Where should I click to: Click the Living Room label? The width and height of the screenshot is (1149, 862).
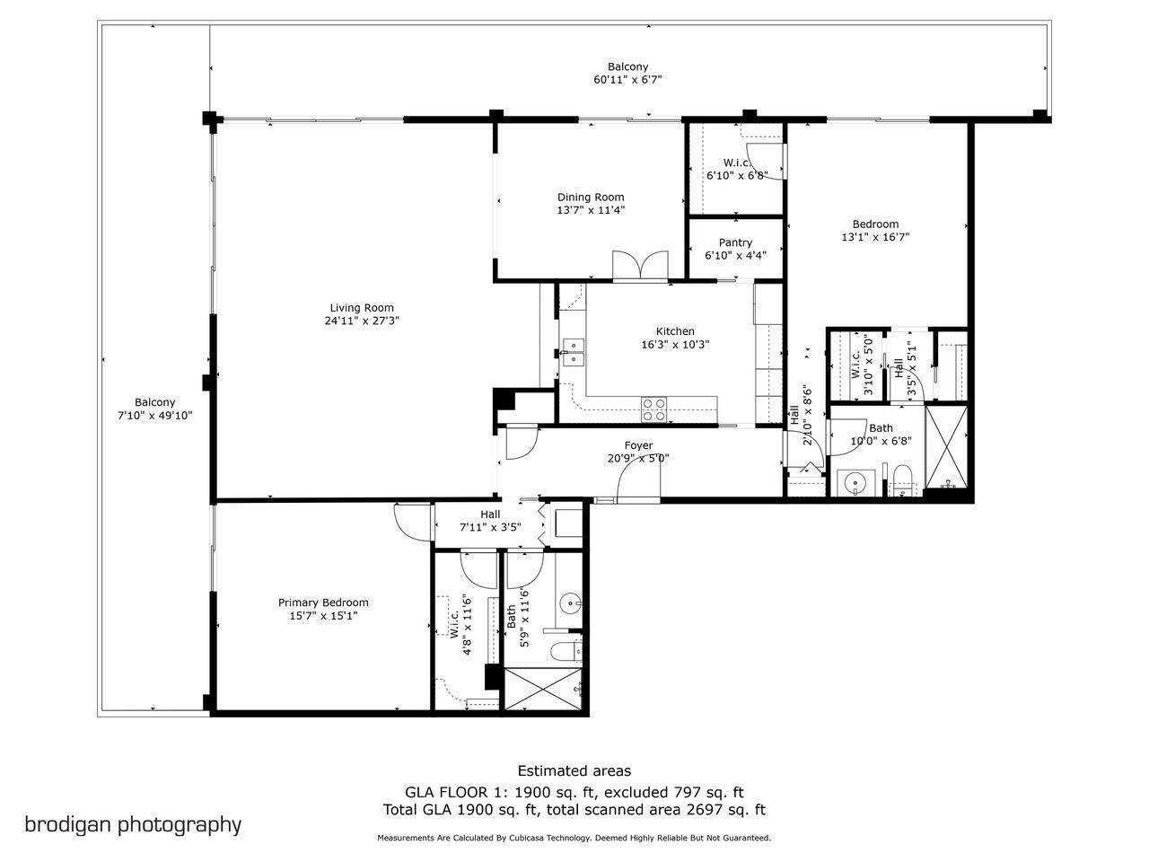[362, 308]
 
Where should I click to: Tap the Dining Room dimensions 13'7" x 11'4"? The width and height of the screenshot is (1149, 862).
[590, 210]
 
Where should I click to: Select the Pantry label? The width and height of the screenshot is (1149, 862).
[735, 242]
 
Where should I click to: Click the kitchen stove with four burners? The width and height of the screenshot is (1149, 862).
[654, 409]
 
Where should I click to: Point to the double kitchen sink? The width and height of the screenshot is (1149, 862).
[573, 351]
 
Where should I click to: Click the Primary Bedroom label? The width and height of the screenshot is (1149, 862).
[323, 603]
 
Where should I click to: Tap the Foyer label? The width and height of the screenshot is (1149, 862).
[638, 445]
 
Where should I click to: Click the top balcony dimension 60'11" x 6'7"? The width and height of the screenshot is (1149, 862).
[627, 80]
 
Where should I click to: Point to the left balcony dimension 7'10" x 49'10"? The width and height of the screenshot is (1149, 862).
[155, 415]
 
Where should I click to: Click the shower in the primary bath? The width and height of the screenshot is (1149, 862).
[541, 689]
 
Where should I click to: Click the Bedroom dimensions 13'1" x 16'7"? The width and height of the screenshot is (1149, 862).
[875, 237]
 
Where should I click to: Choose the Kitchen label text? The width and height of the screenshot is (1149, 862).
[674, 331]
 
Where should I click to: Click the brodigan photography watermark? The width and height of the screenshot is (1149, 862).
[133, 824]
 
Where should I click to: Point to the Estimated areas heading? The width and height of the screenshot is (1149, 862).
[574, 770]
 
